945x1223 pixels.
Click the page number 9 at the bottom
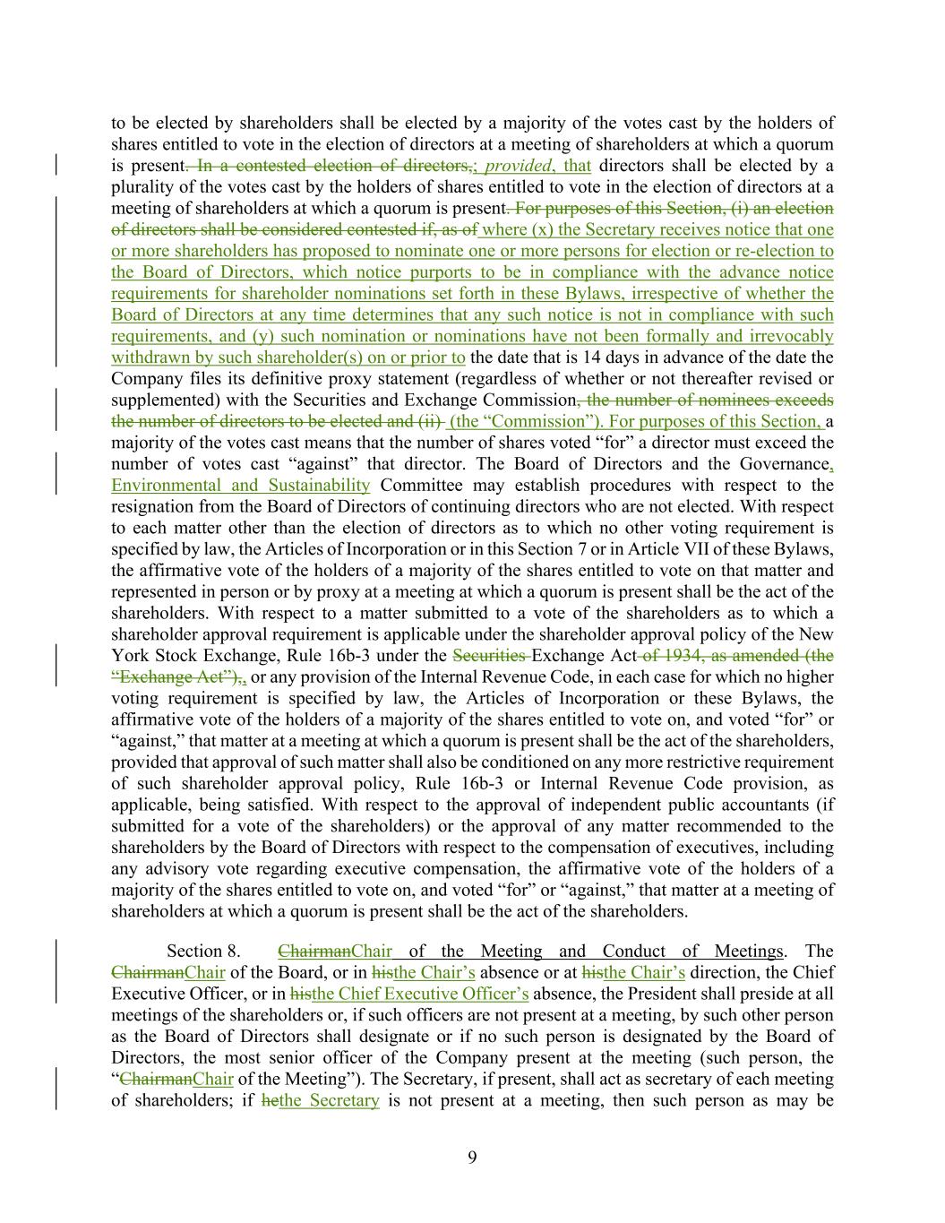point(472,1158)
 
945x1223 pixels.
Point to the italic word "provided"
point(518,166)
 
